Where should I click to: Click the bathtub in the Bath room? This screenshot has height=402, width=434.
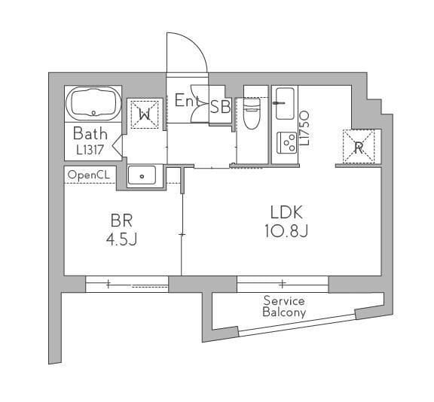[x=93, y=104]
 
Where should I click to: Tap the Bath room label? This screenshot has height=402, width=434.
[x=90, y=134]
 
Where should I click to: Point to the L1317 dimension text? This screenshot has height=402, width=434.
[x=90, y=150]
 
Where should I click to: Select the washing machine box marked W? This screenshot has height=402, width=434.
[x=145, y=114]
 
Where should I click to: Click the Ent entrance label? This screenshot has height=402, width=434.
[x=187, y=100]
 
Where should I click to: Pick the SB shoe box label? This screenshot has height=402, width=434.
[x=220, y=106]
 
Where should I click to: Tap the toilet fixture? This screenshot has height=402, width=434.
[x=252, y=114]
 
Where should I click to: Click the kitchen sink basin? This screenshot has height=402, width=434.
[x=285, y=104]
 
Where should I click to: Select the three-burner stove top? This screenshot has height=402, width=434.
[x=287, y=143]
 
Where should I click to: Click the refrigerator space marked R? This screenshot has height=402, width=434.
[x=359, y=146]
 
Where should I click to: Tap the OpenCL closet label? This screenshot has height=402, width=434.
[x=89, y=175]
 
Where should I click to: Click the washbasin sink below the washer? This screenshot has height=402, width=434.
[x=142, y=175]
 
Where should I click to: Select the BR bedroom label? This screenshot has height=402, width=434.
[x=121, y=221]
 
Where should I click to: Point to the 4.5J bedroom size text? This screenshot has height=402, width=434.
[x=122, y=239]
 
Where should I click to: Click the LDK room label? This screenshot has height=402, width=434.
[x=286, y=212]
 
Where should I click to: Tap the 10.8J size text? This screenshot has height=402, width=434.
[x=286, y=231]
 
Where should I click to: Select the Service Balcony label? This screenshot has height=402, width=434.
[x=284, y=306]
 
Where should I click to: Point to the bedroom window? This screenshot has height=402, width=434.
[x=127, y=284]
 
